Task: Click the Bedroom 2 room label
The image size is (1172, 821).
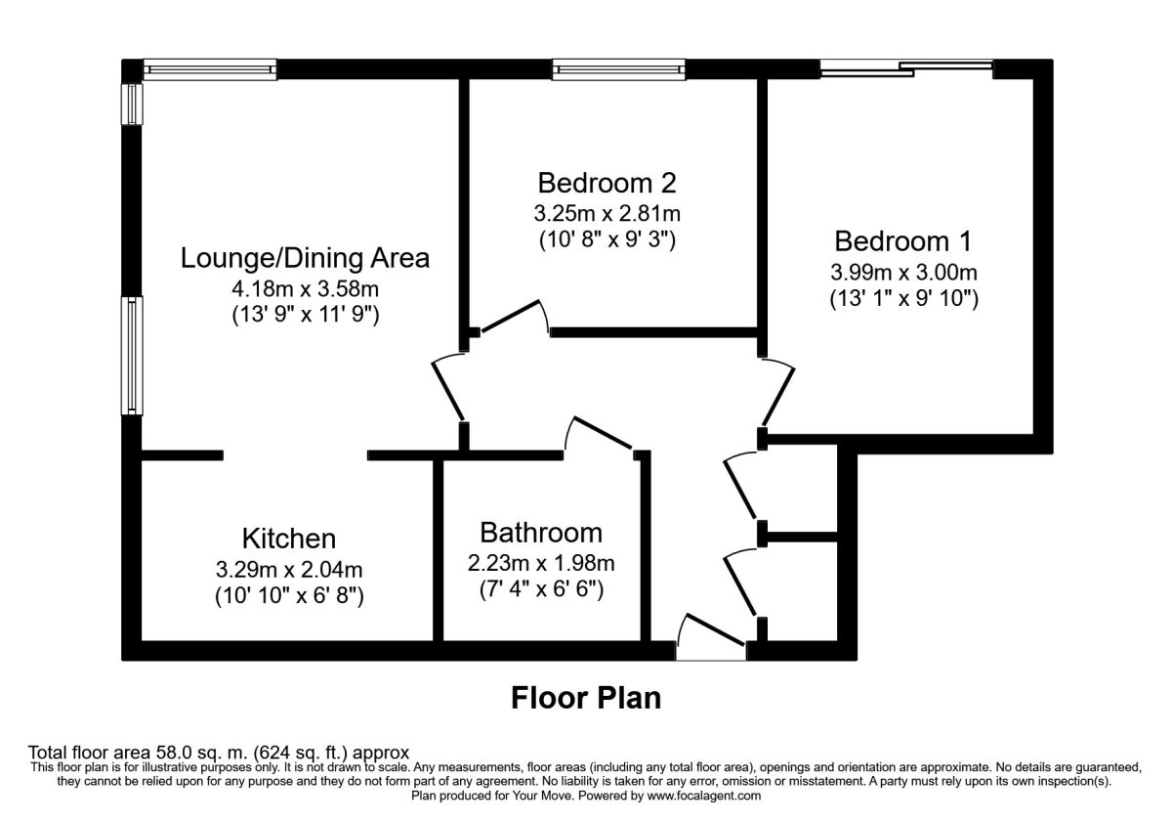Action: (x=607, y=184)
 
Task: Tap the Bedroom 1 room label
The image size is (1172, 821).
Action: (x=903, y=241)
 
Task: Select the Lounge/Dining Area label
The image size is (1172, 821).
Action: (x=305, y=258)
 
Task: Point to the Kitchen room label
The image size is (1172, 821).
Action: (x=289, y=539)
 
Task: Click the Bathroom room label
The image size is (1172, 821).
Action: (x=541, y=533)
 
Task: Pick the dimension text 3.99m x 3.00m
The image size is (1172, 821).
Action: (x=903, y=273)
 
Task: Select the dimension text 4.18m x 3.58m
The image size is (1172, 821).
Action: (x=305, y=288)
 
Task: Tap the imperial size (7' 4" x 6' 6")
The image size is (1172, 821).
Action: (x=541, y=589)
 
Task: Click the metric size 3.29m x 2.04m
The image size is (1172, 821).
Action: (x=289, y=569)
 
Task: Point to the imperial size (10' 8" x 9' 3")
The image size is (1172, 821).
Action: (x=607, y=239)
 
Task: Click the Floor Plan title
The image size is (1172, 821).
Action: (x=586, y=698)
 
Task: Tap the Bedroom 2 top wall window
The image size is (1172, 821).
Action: (x=619, y=69)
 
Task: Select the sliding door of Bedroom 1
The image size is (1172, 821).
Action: (x=906, y=69)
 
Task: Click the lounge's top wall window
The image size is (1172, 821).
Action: (x=210, y=69)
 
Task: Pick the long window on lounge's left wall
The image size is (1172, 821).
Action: (x=132, y=356)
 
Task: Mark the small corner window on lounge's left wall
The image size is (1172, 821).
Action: (x=132, y=105)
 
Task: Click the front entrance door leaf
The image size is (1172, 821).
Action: (x=715, y=629)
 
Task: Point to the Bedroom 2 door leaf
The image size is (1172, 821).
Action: (x=510, y=317)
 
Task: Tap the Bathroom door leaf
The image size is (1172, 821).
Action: (x=605, y=432)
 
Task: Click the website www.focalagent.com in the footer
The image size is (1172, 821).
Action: (x=704, y=796)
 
